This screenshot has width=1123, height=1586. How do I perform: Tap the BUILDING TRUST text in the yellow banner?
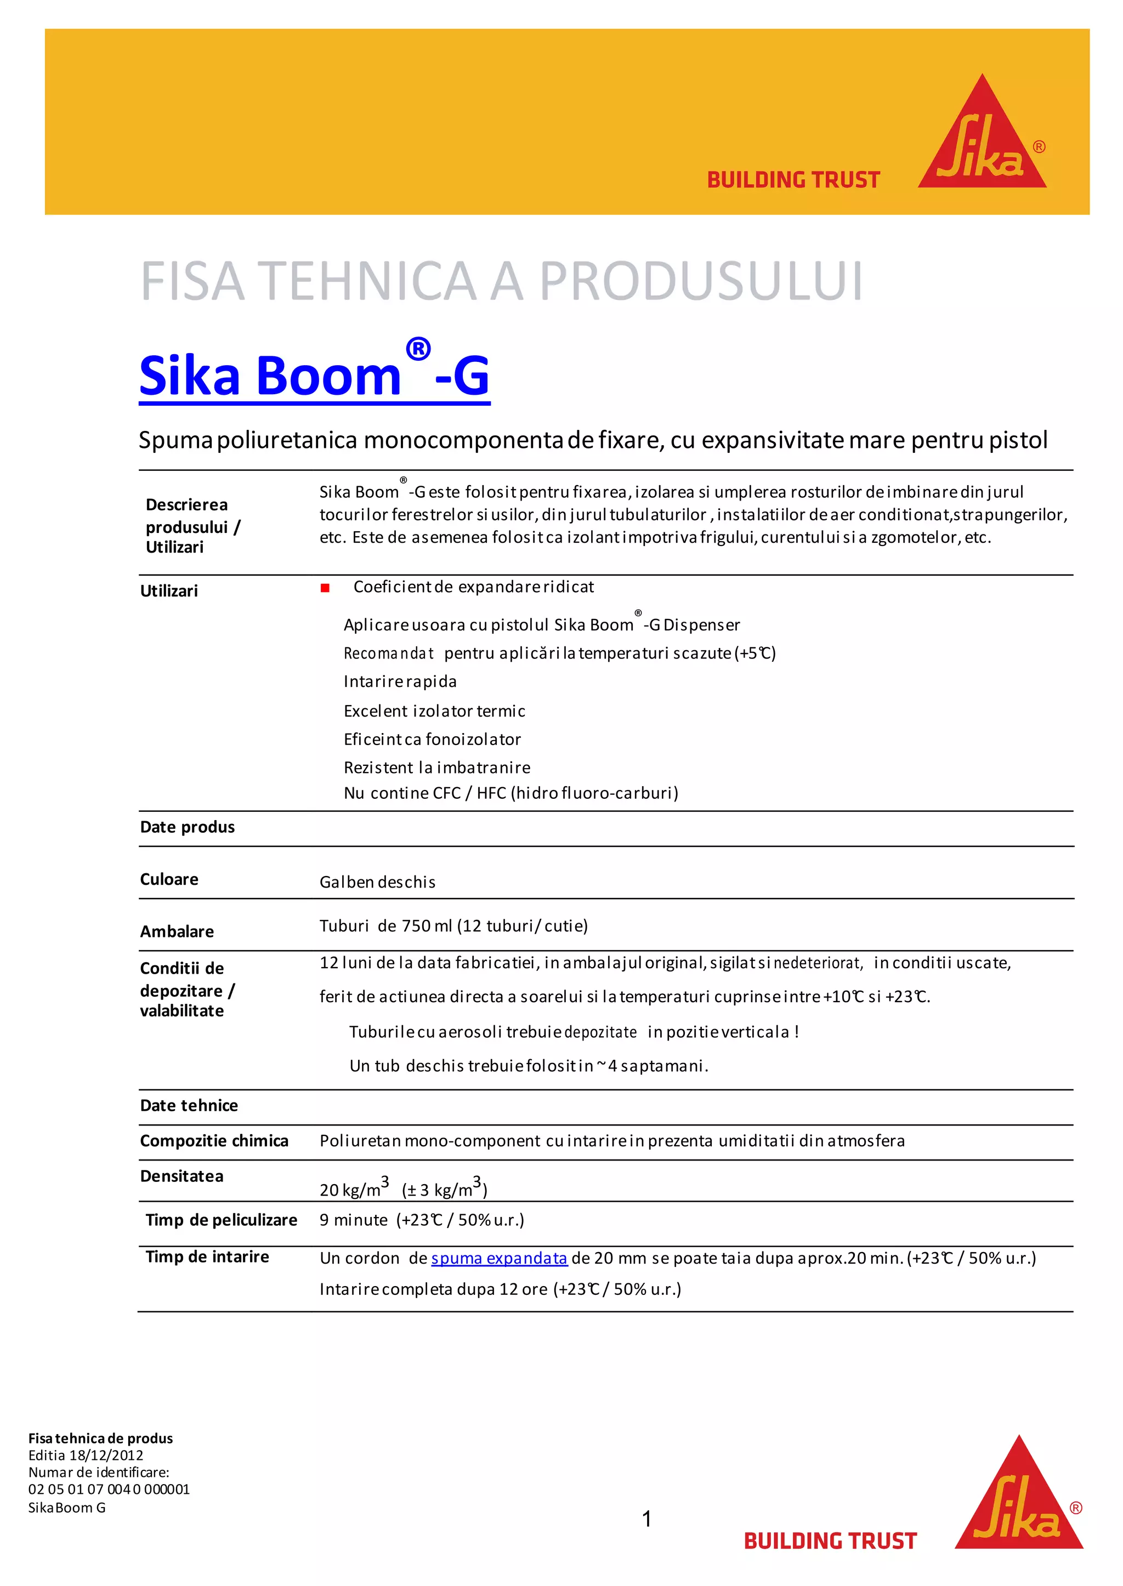[x=792, y=180]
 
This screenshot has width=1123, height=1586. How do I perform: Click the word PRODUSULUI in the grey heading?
[x=700, y=281]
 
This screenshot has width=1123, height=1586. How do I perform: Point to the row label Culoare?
[x=169, y=879]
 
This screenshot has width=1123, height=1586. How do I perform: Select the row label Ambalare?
[x=177, y=931]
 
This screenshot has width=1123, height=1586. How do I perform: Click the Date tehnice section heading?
[x=189, y=1106]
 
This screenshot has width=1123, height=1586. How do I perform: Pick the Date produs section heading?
[x=188, y=827]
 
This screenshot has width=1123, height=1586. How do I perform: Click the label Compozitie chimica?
[x=214, y=1141]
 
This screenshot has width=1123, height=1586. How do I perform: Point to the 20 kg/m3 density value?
[x=353, y=1189]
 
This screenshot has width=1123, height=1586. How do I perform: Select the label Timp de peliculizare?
[x=222, y=1220]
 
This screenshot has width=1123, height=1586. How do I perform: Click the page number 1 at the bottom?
[x=646, y=1519]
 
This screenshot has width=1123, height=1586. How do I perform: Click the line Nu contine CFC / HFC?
[x=511, y=793]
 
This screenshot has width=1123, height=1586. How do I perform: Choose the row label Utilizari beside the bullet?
[x=169, y=591]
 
